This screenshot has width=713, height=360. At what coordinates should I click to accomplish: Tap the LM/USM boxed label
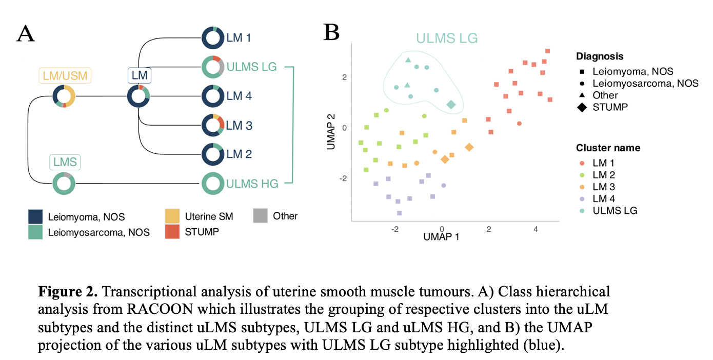tap(65, 75)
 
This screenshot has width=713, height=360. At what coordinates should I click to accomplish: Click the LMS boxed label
tap(65, 162)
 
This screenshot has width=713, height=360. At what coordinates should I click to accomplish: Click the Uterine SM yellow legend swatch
tap(172, 216)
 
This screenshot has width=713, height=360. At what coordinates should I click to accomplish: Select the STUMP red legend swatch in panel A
tap(172, 232)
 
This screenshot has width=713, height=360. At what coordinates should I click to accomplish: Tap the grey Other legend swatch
tap(261, 216)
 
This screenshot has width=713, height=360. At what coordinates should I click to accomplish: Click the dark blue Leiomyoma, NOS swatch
tap(35, 217)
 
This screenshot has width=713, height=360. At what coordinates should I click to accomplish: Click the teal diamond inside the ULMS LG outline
tap(451, 104)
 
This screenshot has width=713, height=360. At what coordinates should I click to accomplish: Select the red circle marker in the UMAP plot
tap(519, 124)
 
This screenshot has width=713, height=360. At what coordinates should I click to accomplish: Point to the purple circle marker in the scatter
tap(444, 185)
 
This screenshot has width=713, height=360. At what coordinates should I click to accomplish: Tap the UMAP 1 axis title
tap(441, 237)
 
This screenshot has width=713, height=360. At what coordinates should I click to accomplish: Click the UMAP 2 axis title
tap(331, 132)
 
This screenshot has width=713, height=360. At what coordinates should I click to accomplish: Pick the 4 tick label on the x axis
tap(536, 229)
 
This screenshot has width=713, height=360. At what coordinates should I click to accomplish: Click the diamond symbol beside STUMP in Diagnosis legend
tap(582, 107)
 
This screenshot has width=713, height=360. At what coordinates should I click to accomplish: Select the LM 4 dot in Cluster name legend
tap(582, 199)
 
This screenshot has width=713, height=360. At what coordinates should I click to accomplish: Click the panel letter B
tap(331, 32)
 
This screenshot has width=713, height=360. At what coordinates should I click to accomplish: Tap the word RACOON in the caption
tap(160, 309)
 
